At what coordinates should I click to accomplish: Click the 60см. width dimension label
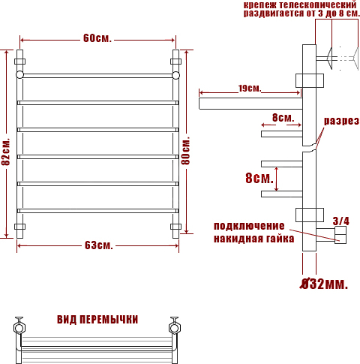pos(97,38)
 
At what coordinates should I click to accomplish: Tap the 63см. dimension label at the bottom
pos(99,245)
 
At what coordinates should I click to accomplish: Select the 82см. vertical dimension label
pos(6,152)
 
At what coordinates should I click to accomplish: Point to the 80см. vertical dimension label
pos(186,151)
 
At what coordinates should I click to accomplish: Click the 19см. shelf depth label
pos(250,89)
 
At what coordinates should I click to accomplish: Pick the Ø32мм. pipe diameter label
pos(324,284)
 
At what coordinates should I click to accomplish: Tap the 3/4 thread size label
pos(340,221)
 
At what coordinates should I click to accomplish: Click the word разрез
pos(341,121)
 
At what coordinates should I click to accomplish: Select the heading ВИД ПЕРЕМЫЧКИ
pos(97,320)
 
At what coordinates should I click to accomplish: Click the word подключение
pos(249,226)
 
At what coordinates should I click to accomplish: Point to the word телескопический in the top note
pos(318,5)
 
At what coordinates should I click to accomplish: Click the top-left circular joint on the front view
pos(19,75)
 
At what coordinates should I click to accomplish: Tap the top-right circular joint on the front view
pos(175,75)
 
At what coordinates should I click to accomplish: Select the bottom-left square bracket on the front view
pos(19,227)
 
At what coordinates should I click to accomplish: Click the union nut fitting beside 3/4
pos(340,235)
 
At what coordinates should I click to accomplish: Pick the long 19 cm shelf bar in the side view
pos(250,104)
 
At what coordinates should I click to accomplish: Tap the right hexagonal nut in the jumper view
pos(175,328)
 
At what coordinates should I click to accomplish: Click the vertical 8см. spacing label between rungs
pos(259,179)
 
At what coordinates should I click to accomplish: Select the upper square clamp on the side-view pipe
pos(310,80)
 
